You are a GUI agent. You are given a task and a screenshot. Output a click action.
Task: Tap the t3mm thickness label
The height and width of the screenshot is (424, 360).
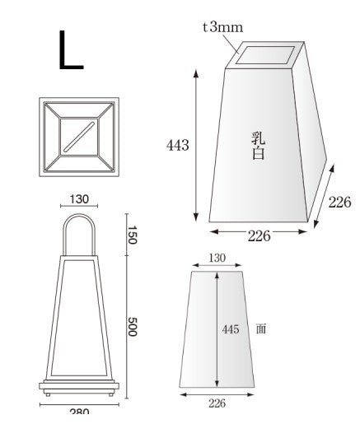click(x=222, y=27)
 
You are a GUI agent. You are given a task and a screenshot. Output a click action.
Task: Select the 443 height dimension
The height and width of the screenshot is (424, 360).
click(x=177, y=146)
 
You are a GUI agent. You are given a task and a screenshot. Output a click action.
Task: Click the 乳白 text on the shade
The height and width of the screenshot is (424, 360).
click(x=257, y=145)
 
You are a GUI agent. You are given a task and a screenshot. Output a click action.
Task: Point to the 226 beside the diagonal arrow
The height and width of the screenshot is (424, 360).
click(x=339, y=203)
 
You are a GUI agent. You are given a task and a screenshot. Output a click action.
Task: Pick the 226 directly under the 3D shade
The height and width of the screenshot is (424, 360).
click(x=259, y=236)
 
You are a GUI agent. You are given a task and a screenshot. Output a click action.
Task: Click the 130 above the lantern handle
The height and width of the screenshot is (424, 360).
click(x=80, y=199)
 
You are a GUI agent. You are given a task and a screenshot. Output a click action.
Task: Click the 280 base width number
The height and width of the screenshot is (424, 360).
click(x=79, y=412)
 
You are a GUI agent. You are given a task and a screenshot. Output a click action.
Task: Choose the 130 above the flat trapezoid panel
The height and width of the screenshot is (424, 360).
click(x=216, y=258)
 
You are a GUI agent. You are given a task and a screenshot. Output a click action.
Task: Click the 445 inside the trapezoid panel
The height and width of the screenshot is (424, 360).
click(x=231, y=329)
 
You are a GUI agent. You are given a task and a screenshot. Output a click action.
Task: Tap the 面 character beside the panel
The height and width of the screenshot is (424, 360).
click(x=260, y=328)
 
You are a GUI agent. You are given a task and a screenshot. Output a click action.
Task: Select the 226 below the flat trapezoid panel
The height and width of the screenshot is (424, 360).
click(x=216, y=403)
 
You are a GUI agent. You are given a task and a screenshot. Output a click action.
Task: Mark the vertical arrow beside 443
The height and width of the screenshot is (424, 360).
click(x=196, y=146)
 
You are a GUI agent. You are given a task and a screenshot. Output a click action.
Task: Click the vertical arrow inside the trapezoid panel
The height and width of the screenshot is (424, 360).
click(x=217, y=329)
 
